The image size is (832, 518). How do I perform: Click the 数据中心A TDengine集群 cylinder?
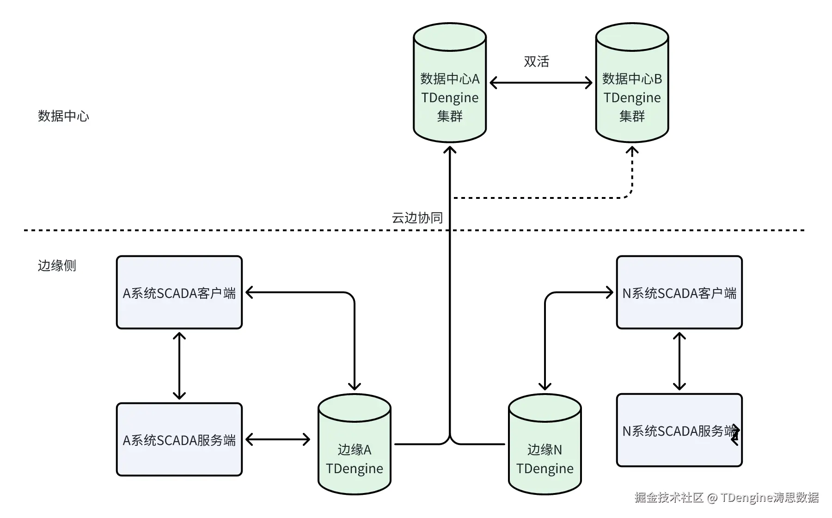[x=450, y=83]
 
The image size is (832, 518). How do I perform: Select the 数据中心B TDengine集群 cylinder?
[x=632, y=83]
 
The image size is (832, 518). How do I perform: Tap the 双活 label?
[x=536, y=62]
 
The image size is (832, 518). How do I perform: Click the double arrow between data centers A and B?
[x=541, y=83]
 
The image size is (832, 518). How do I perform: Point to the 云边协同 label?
[x=417, y=218]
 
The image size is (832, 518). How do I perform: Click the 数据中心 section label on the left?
[x=63, y=116]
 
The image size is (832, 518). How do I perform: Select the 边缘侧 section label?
[x=57, y=265]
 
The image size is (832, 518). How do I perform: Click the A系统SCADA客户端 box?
[x=179, y=292]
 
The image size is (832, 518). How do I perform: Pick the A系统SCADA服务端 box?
[x=179, y=439]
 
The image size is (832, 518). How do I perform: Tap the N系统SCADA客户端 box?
[x=679, y=292]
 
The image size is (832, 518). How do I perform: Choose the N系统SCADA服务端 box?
[x=679, y=430]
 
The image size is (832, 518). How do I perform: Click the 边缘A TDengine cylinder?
[x=355, y=444]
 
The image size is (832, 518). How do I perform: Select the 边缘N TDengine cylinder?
[x=545, y=444]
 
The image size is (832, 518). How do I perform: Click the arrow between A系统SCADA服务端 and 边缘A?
[x=278, y=439]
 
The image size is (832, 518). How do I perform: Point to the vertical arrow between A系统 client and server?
[x=179, y=366]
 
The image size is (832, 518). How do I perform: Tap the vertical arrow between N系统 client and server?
[x=679, y=361]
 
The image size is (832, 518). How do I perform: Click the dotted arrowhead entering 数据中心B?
[x=632, y=150]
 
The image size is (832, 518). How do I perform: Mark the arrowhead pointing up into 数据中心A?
[x=450, y=150]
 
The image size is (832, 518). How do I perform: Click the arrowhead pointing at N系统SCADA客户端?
[x=610, y=292]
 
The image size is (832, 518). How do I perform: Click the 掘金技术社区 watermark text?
[x=669, y=497]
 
